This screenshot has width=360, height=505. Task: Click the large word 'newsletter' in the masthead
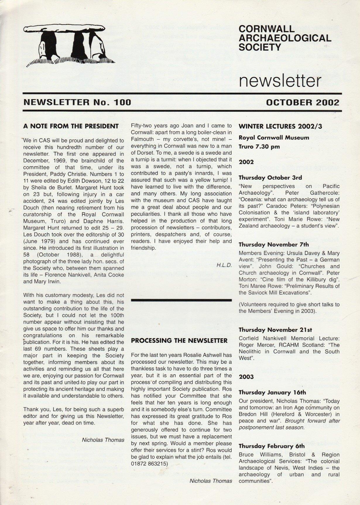(280, 80)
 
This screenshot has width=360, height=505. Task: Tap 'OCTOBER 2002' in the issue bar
(303, 102)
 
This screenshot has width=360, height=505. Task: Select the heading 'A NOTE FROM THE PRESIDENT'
(71, 126)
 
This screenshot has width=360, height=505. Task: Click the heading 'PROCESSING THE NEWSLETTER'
(179, 340)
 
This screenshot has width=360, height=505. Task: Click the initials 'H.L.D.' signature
(224, 265)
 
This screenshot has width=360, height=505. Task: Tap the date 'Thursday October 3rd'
(270, 177)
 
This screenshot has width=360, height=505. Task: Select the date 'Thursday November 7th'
(274, 244)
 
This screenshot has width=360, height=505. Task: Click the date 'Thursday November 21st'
(275, 330)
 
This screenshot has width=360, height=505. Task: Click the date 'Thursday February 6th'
(272, 446)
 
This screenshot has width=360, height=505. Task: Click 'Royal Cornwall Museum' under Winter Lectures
(274, 137)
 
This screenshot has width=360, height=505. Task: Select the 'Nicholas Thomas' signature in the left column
(103, 440)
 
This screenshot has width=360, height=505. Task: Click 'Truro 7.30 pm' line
(259, 146)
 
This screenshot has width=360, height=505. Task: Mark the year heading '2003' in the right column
(246, 377)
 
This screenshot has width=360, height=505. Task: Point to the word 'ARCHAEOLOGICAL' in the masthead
(285, 38)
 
